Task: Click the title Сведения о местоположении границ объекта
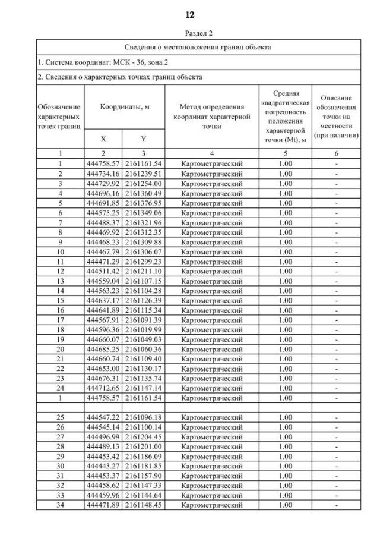(x=198, y=47)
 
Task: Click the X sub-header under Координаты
(x=103, y=139)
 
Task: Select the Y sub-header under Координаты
(x=143, y=139)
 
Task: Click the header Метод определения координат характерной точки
(x=212, y=117)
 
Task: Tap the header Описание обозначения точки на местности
(x=336, y=117)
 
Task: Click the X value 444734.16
(x=103, y=174)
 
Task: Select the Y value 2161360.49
(x=143, y=193)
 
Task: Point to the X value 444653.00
(x=103, y=369)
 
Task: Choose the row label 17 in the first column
(x=60, y=320)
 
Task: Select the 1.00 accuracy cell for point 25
(x=285, y=417)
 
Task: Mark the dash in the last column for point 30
(x=336, y=466)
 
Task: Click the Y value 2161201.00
(x=143, y=446)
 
